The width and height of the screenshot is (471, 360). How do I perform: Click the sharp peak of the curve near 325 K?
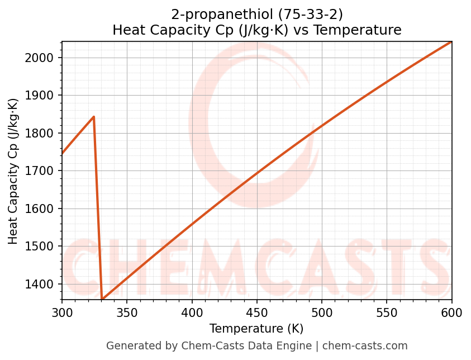coord(94,117)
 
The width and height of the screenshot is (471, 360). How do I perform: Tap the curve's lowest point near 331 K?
coord(102,299)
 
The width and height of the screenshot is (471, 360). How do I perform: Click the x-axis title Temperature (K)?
coord(256,329)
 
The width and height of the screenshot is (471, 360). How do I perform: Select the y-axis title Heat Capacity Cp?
coord(13,171)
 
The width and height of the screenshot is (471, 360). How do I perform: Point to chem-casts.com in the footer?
coord(365,346)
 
